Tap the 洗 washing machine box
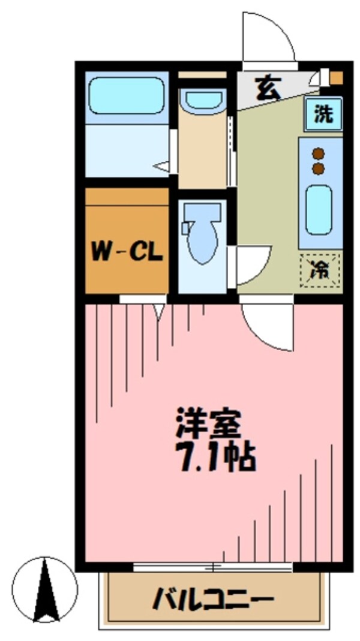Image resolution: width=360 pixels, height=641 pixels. coord(323,113)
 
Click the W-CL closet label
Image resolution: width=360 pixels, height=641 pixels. coord(127,251)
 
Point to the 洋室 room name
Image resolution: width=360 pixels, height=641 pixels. coord(208,425)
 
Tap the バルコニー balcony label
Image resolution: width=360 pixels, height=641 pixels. coord(213,598)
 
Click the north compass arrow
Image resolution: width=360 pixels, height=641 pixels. coord(46,590)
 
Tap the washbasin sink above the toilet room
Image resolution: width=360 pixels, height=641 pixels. coord(203,100)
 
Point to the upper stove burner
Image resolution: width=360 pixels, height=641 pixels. coord(318,154)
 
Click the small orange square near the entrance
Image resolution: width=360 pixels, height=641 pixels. coord(337,77)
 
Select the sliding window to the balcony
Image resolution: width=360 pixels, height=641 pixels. coord(212,566)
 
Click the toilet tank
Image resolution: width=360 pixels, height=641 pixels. coord(202,212)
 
